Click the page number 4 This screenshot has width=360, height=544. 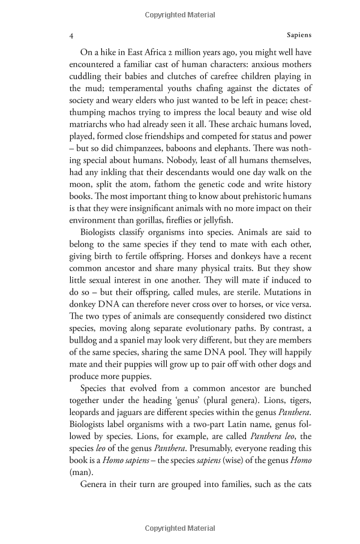pyautogui.click(x=71, y=36)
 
